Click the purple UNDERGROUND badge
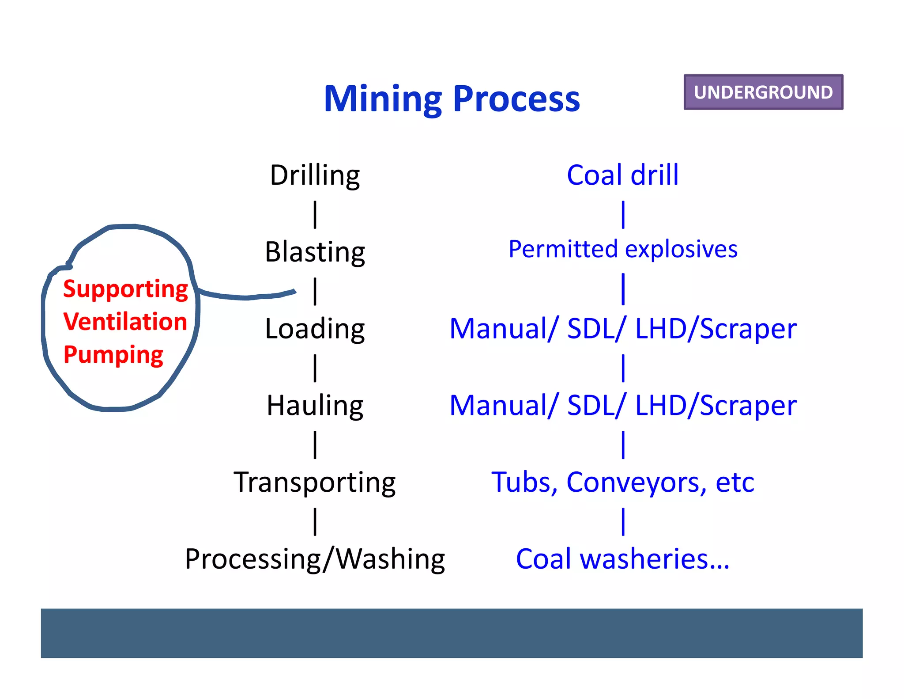[x=763, y=92]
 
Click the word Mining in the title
[x=382, y=99]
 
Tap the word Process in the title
[x=516, y=99]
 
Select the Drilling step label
[x=315, y=175]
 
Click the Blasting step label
[x=315, y=252]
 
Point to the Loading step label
[x=315, y=329]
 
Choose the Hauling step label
[x=315, y=406]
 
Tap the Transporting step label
[x=315, y=482]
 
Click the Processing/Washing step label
[x=315, y=559]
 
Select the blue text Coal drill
[x=622, y=175]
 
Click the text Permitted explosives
[x=622, y=249]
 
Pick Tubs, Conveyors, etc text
[x=622, y=482]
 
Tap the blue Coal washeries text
[x=622, y=559]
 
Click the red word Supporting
[x=125, y=289]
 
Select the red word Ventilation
[x=125, y=322]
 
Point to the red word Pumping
[x=113, y=355]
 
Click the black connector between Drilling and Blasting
[x=315, y=215]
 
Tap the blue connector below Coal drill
[x=623, y=215]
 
